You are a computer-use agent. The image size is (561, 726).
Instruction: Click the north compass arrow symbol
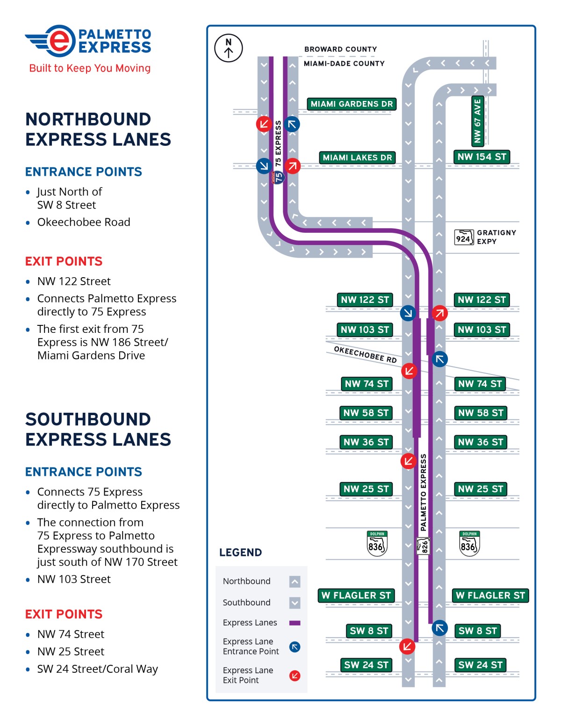tap(228, 48)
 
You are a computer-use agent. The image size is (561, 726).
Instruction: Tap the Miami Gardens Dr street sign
tap(352, 104)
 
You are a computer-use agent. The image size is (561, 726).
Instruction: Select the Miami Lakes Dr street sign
tap(357, 158)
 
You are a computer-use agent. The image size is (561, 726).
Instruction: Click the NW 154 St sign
tap(482, 157)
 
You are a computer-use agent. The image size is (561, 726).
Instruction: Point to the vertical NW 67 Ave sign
tap(477, 121)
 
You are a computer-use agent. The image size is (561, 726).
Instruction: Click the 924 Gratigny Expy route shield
tap(464, 237)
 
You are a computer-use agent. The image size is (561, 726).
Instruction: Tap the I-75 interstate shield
tap(279, 177)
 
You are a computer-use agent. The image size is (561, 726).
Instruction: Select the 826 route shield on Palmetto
tap(423, 546)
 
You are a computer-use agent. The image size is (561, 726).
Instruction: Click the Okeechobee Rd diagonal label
tap(365, 354)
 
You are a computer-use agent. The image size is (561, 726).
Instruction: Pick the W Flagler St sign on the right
tap(490, 595)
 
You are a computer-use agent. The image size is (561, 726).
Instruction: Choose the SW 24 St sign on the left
tap(366, 665)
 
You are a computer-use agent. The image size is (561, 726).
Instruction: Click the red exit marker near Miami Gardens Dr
tap(264, 124)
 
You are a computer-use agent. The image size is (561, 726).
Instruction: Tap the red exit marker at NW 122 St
tap(439, 313)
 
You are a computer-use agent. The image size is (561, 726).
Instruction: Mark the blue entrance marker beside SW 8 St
tap(439, 628)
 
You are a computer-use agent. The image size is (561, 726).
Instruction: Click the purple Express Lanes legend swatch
tap(295, 623)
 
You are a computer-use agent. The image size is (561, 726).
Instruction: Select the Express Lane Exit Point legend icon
tap(295, 676)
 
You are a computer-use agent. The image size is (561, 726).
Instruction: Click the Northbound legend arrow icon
tap(295, 582)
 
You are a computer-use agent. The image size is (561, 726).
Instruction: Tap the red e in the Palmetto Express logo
tap(59, 41)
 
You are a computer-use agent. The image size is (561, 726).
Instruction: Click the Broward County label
tap(340, 49)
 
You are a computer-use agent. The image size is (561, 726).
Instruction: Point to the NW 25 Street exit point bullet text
tap(71, 651)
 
